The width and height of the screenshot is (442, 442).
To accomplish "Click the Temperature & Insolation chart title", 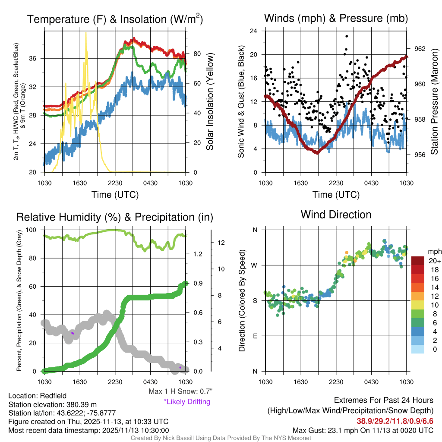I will [x=115, y=19].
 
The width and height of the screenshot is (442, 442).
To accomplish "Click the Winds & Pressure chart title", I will [x=336, y=18].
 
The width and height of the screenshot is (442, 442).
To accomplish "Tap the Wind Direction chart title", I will [x=336, y=215].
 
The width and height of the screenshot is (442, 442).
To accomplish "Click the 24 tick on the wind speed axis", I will [x=254, y=31].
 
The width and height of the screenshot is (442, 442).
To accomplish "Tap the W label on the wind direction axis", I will [x=255, y=265].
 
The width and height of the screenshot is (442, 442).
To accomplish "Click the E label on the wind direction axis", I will [x=255, y=336].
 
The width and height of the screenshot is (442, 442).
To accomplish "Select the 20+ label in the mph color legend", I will [x=434, y=261].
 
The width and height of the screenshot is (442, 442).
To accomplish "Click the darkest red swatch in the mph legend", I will [x=418, y=261].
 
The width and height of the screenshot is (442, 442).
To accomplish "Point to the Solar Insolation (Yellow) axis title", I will [x=210, y=102].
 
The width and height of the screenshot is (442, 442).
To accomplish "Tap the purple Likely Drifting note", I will [x=187, y=402].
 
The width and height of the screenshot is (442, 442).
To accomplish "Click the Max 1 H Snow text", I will [x=180, y=391].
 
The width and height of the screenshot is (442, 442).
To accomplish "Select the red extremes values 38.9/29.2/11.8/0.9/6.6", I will [x=395, y=420].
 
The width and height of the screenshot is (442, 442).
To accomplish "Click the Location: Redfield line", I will [x=38, y=395].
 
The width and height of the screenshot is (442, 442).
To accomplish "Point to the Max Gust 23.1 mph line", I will [x=363, y=430].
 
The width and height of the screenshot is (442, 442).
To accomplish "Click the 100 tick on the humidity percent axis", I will [x=34, y=230].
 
